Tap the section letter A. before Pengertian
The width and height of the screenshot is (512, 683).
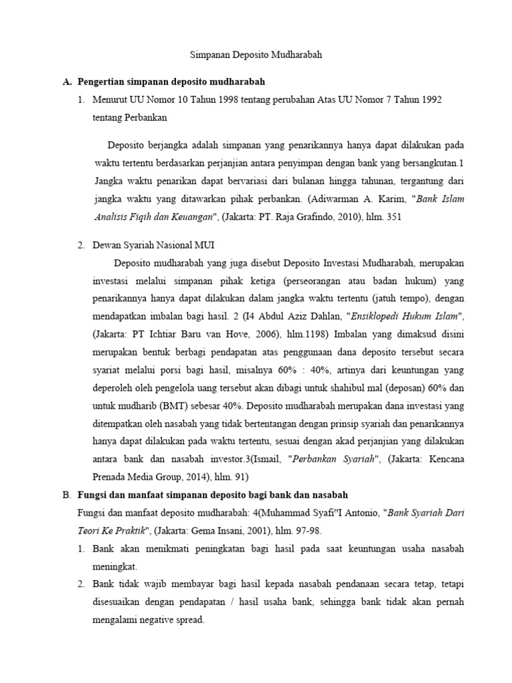(66, 81)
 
